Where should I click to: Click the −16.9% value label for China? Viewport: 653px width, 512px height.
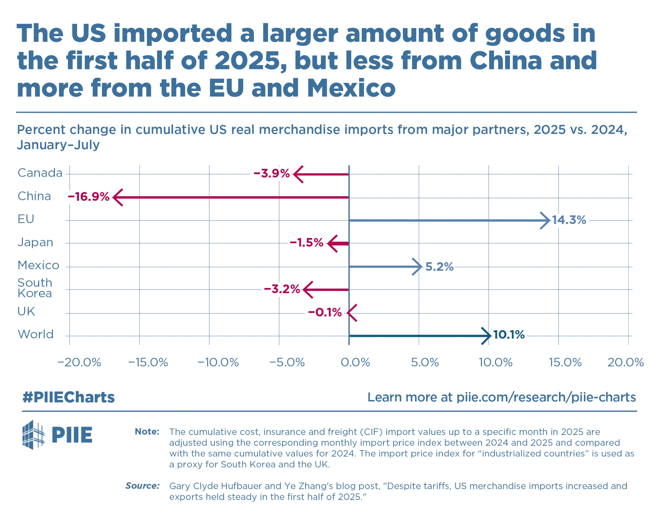(x=88, y=197)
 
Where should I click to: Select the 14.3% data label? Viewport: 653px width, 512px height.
(x=569, y=220)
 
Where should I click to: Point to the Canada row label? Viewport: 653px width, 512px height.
(x=40, y=173)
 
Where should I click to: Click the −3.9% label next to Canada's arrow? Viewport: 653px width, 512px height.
(x=271, y=173)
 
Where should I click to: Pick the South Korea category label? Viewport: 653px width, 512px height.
(x=35, y=288)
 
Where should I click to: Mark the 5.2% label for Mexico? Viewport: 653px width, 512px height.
(x=439, y=267)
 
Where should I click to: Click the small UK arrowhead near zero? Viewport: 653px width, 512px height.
(x=351, y=313)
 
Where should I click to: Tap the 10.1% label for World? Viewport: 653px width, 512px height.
(x=509, y=335)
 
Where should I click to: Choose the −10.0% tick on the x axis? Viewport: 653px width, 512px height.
(x=218, y=362)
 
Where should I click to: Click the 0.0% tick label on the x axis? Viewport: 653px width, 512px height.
(x=355, y=362)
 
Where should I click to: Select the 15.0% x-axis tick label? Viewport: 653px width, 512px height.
(x=565, y=362)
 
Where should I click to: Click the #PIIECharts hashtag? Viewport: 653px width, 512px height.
(x=69, y=397)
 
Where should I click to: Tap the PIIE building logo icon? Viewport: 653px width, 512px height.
(x=33, y=435)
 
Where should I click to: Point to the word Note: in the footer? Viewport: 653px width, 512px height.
(x=147, y=432)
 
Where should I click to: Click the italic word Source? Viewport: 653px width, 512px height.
(x=142, y=486)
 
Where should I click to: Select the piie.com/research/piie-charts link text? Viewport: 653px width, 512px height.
(x=546, y=397)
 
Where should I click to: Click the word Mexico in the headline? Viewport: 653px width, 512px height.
(x=351, y=88)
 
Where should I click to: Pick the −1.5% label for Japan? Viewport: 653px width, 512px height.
(x=306, y=243)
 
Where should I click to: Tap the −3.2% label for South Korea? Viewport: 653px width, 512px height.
(x=282, y=289)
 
